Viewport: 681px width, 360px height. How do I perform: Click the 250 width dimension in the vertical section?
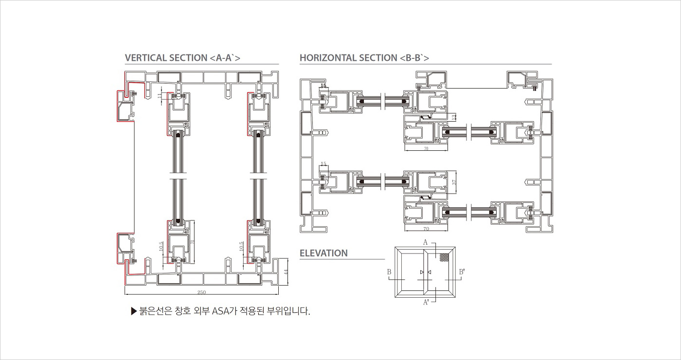tap(201, 292)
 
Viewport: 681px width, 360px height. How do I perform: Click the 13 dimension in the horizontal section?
tap(454, 117)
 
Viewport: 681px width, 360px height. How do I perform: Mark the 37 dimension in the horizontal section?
tap(454, 182)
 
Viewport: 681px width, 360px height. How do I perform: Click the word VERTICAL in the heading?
tap(145, 58)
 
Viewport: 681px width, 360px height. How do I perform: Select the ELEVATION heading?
tap(323, 253)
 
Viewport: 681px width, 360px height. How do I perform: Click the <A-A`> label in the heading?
tap(225, 58)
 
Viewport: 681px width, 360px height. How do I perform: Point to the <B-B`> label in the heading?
tap(414, 58)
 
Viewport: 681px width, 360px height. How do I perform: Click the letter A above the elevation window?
tap(425, 242)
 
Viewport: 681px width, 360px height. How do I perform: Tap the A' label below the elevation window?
tap(426, 302)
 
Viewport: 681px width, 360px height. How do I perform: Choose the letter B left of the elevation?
tap(390, 272)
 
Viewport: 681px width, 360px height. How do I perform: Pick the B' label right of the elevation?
tap(462, 272)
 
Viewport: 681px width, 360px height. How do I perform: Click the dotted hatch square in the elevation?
tap(444, 257)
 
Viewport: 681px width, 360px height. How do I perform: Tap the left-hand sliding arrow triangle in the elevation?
tap(421, 272)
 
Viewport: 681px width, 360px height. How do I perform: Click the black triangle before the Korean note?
tap(134, 311)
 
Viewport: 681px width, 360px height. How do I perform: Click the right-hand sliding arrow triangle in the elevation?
tap(429, 272)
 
